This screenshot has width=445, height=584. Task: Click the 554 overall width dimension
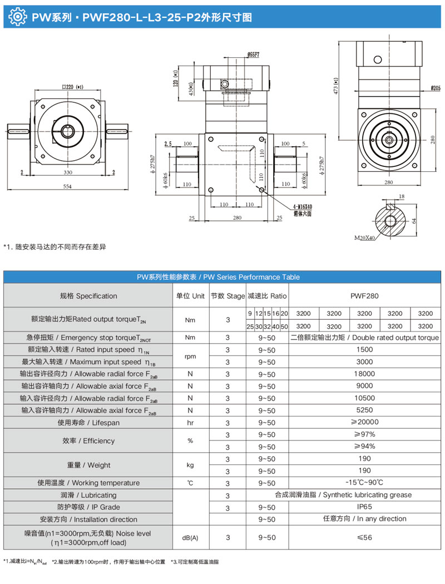point(67,187)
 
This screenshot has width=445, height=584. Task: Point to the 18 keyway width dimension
point(402,196)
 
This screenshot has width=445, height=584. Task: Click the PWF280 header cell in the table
point(364,296)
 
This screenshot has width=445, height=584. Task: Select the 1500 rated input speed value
point(364,350)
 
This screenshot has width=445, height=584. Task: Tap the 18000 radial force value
point(364,374)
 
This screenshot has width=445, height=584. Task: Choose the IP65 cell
point(364,507)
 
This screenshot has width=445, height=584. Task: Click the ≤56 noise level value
point(364,537)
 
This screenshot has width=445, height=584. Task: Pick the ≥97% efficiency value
point(364,434)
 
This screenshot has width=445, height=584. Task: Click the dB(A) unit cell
point(190,537)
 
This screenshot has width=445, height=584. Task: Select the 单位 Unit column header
point(190,296)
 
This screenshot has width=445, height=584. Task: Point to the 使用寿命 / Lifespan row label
point(88,423)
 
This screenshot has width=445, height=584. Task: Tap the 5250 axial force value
point(364,410)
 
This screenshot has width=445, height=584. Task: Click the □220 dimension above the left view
point(70,87)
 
